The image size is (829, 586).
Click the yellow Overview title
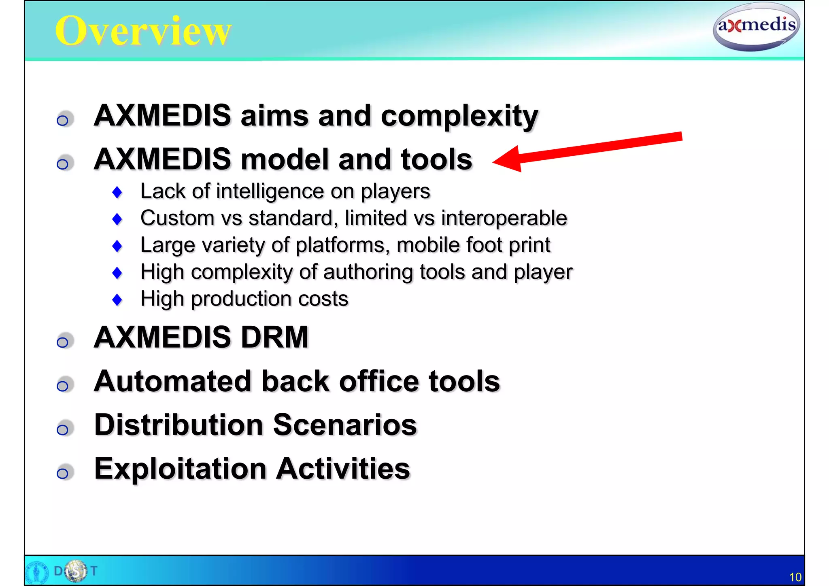click(143, 31)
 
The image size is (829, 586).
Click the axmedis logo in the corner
click(756, 26)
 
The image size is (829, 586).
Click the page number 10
click(795, 577)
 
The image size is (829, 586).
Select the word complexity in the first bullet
click(459, 116)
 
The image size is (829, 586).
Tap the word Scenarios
click(344, 425)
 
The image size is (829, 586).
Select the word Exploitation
click(180, 469)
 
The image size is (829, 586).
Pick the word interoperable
click(504, 218)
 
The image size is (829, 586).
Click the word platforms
click(342, 245)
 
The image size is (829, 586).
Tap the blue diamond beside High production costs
click(117, 300)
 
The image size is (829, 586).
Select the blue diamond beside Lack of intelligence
click(117, 192)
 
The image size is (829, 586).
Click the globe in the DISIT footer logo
click(76, 571)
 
